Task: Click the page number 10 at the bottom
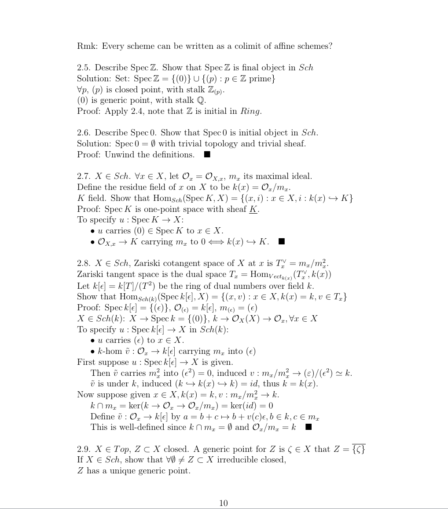click(x=224, y=503)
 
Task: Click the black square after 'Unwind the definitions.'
click(x=207, y=154)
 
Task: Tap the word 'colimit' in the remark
click(x=231, y=46)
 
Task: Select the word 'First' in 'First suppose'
click(x=86, y=362)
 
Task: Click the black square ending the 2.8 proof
click(x=308, y=427)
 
